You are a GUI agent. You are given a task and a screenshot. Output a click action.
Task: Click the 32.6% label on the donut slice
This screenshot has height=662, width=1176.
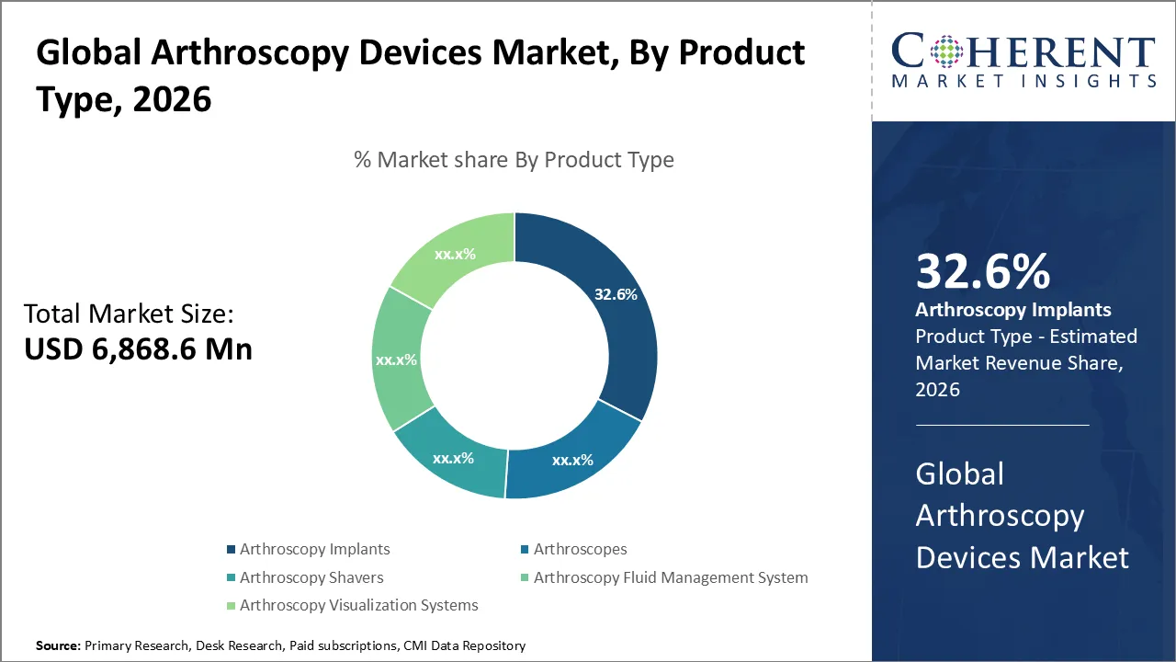coord(616,295)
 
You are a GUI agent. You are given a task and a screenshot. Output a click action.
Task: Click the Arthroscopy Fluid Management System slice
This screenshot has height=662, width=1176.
coord(398,359)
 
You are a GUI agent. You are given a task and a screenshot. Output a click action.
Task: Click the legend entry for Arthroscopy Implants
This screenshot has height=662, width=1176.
coord(314,549)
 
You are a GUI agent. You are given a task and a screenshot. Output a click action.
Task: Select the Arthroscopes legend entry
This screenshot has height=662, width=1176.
coord(580,549)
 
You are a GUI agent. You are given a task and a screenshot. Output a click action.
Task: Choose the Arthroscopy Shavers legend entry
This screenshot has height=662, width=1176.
coord(311,577)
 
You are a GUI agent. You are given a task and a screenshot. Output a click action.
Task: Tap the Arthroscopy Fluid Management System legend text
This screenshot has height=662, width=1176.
coord(671,577)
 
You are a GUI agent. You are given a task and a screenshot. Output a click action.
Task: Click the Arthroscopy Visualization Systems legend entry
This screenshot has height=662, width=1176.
coord(358,605)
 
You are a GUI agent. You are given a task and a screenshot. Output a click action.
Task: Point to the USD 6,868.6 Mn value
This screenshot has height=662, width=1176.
coord(138,348)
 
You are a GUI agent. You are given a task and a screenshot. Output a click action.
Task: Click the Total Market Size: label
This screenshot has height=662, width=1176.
coord(129,314)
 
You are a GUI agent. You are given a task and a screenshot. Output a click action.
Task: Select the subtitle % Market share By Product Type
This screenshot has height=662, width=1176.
coord(514,160)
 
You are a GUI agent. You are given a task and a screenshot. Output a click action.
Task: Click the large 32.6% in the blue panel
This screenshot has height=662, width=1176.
coord(982,272)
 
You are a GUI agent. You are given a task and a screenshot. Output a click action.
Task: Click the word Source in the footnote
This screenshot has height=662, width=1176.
coord(58,646)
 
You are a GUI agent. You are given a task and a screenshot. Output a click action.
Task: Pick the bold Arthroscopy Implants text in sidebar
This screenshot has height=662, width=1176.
coord(1012,310)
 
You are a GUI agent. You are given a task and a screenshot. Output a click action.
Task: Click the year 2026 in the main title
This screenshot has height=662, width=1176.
coord(172,98)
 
